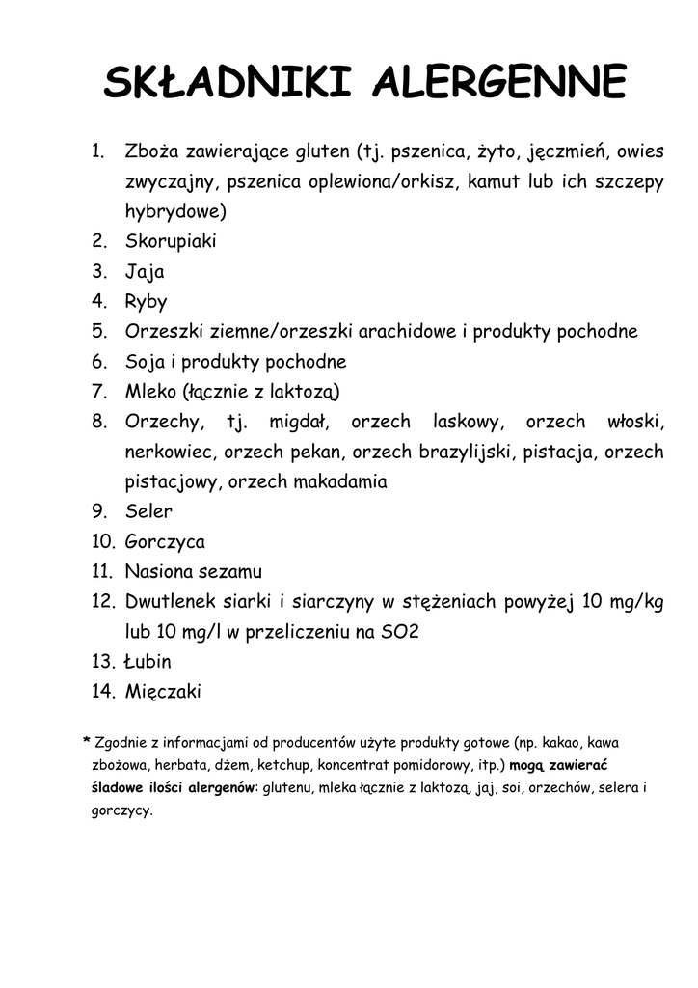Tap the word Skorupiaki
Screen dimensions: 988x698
[x=171, y=241]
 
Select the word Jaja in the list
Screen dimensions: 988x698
[x=145, y=272]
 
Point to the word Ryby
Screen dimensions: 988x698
[x=147, y=302]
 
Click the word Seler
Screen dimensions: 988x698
[x=148, y=511]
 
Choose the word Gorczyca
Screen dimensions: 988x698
[x=165, y=542]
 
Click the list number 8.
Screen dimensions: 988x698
[x=98, y=422]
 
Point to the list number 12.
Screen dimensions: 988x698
[x=103, y=602]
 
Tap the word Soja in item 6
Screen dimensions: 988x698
[x=145, y=362]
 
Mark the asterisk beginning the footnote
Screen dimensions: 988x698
[x=87, y=740]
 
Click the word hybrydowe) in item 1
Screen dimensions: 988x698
[x=175, y=212]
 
